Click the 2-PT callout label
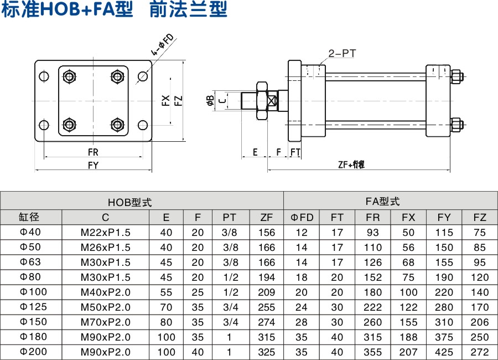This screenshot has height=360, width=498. tap(341, 53)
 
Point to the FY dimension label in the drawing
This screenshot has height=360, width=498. tap(93, 164)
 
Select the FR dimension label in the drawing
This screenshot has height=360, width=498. tap(93, 152)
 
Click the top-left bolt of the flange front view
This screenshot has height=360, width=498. tap(69, 76)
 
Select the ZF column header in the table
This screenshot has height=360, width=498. tap(266, 217)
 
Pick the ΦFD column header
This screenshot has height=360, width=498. tap(302, 217)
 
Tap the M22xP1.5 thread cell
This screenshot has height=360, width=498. tap(106, 232)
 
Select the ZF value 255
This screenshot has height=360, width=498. tap(266, 307)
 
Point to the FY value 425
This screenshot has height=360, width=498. tap(444, 352)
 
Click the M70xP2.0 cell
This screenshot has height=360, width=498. tap(106, 322)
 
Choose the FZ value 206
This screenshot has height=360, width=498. tap(480, 322)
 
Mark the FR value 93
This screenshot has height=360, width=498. tap(373, 232)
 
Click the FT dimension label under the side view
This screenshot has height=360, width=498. tap(295, 152)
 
